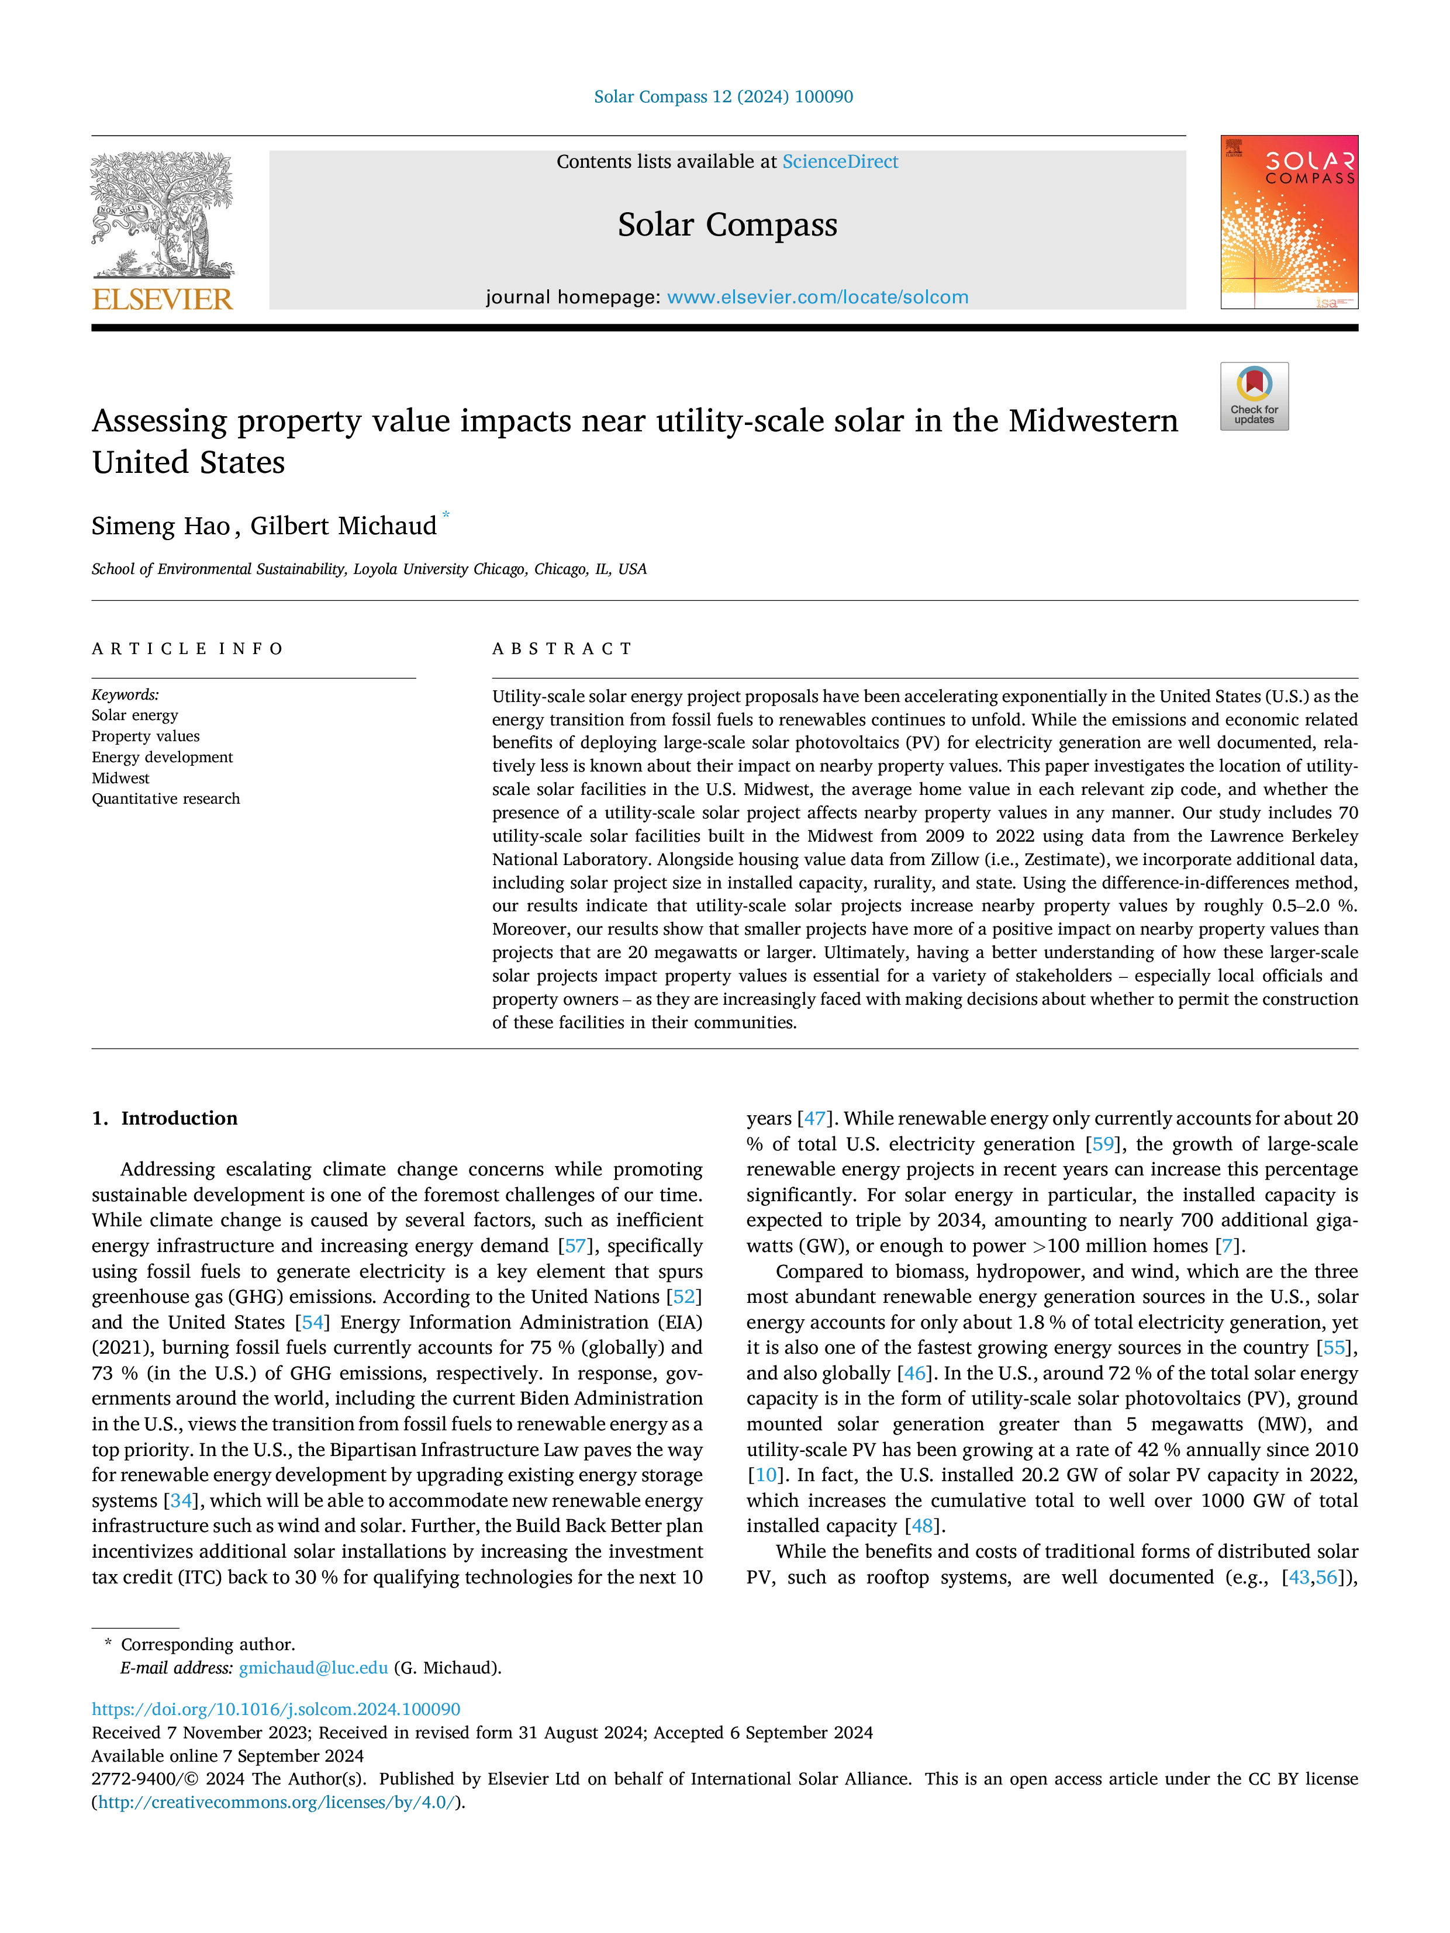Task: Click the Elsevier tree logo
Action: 163,215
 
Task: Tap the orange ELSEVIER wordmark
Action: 163,300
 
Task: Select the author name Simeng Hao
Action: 160,526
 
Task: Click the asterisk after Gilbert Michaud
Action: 446,516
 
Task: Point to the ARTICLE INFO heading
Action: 187,648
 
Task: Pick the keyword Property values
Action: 145,736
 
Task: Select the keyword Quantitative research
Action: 165,798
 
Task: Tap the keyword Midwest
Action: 120,778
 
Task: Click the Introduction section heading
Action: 178,1119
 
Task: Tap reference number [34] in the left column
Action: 180,1500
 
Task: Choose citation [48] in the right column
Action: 922,1526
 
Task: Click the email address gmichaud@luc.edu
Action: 313,1668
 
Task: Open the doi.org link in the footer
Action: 275,1709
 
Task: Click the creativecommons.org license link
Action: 275,1802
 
